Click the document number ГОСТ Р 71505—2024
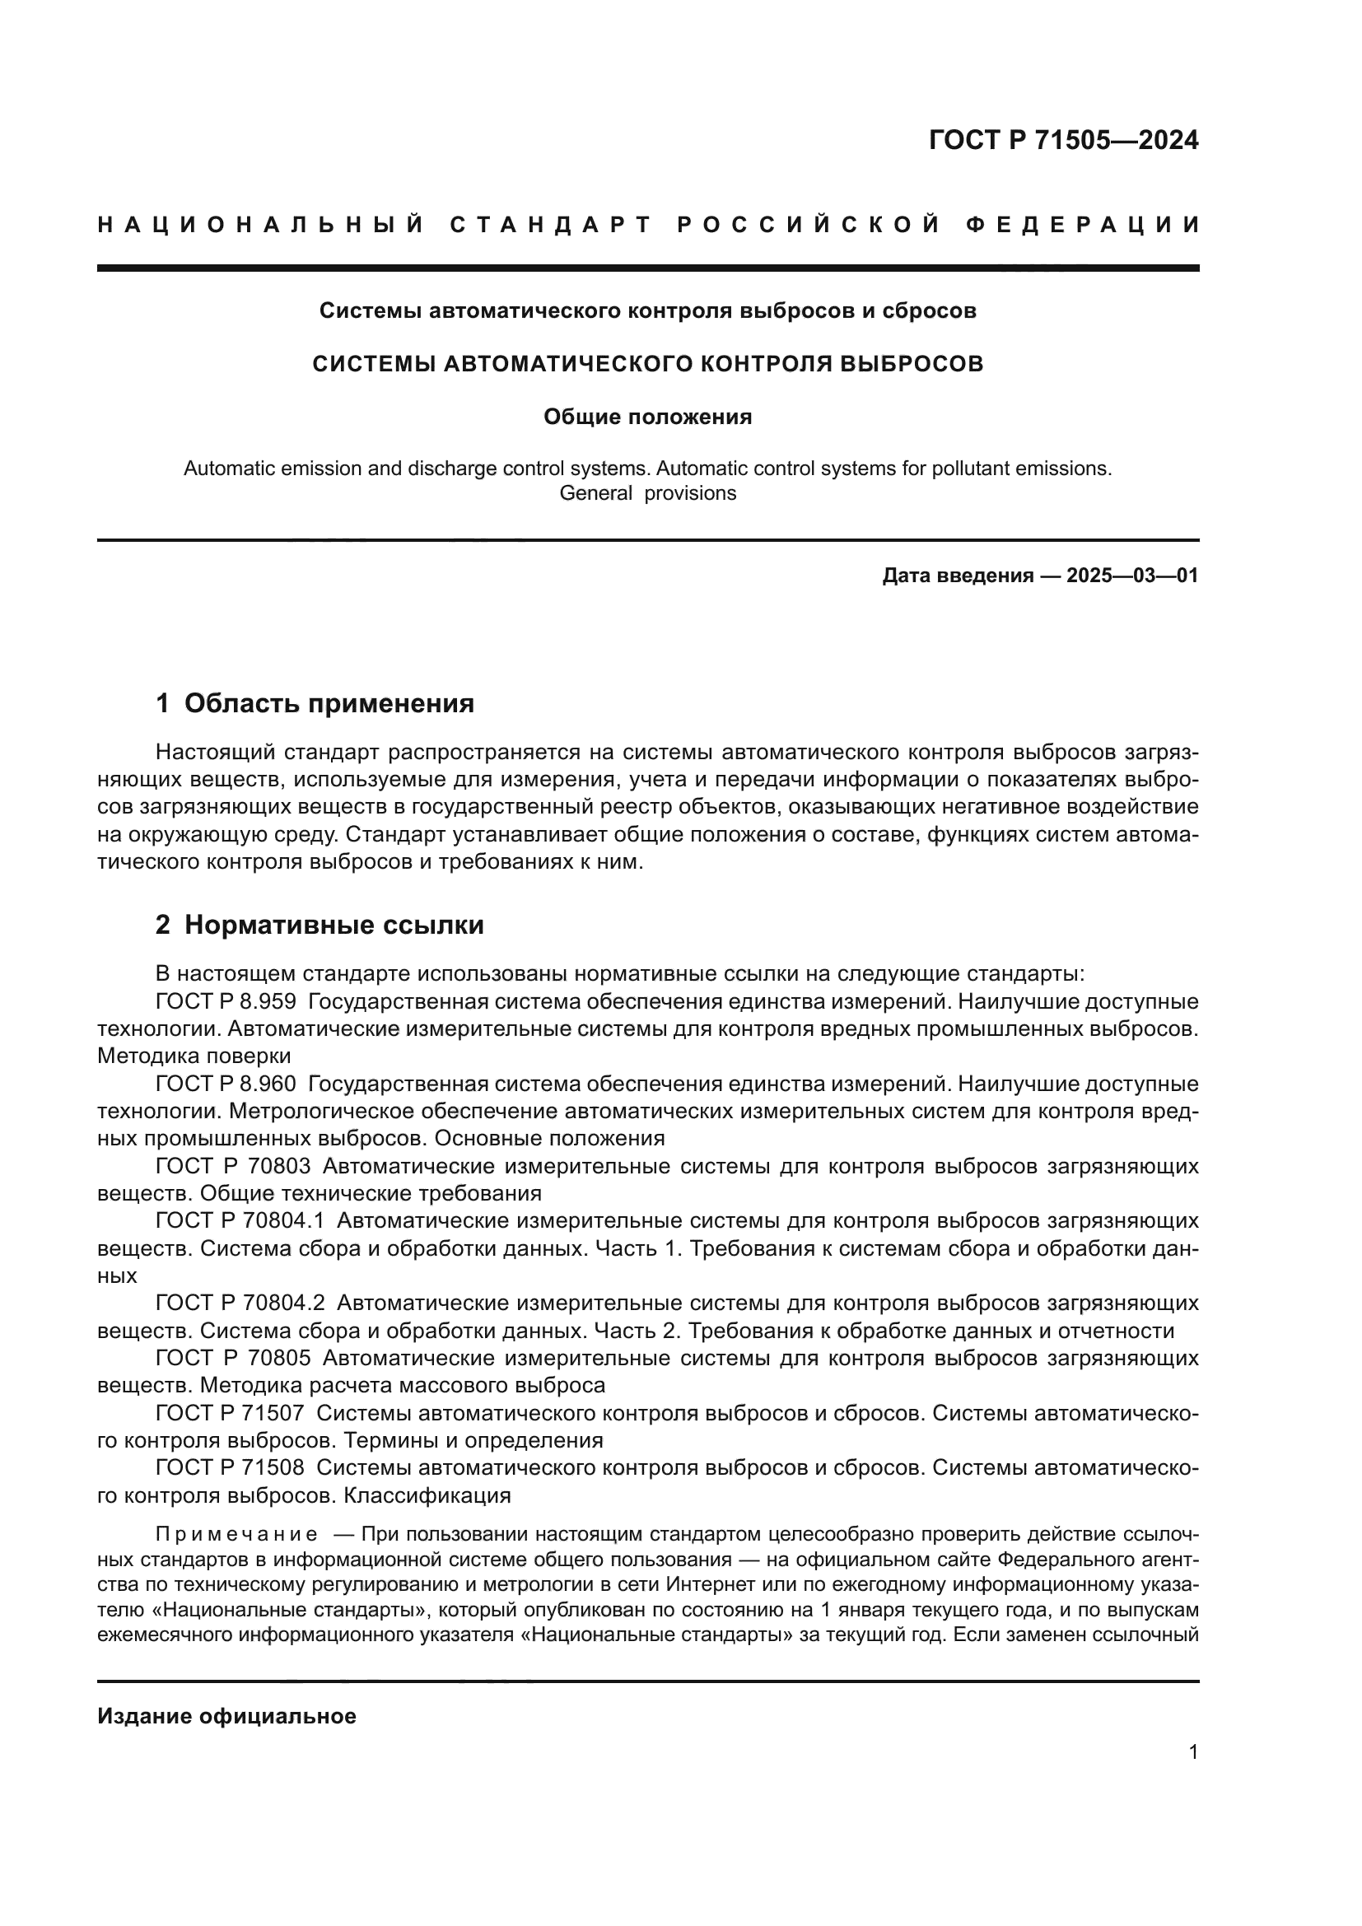point(1062,140)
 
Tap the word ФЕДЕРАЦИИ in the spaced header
point(1082,225)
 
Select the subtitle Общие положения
point(647,417)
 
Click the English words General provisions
point(647,493)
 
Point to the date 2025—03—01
point(1132,576)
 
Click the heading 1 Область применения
point(315,703)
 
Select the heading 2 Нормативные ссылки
point(320,926)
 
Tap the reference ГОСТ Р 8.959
point(225,1001)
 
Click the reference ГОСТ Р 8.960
point(225,1084)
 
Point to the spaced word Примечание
point(236,1535)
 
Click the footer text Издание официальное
point(226,1716)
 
